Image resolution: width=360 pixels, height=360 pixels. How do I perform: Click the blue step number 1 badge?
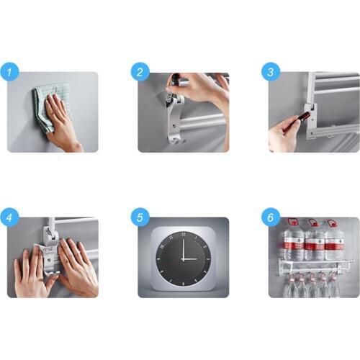coord(9,72)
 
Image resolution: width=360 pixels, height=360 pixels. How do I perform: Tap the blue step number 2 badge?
coord(140,72)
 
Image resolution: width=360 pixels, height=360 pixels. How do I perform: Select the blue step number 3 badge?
coord(271,72)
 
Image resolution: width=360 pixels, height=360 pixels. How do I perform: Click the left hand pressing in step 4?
coord(30,270)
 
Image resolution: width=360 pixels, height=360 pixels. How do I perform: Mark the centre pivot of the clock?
coord(183,259)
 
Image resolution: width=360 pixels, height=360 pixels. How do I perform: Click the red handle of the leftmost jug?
coord(293,222)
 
